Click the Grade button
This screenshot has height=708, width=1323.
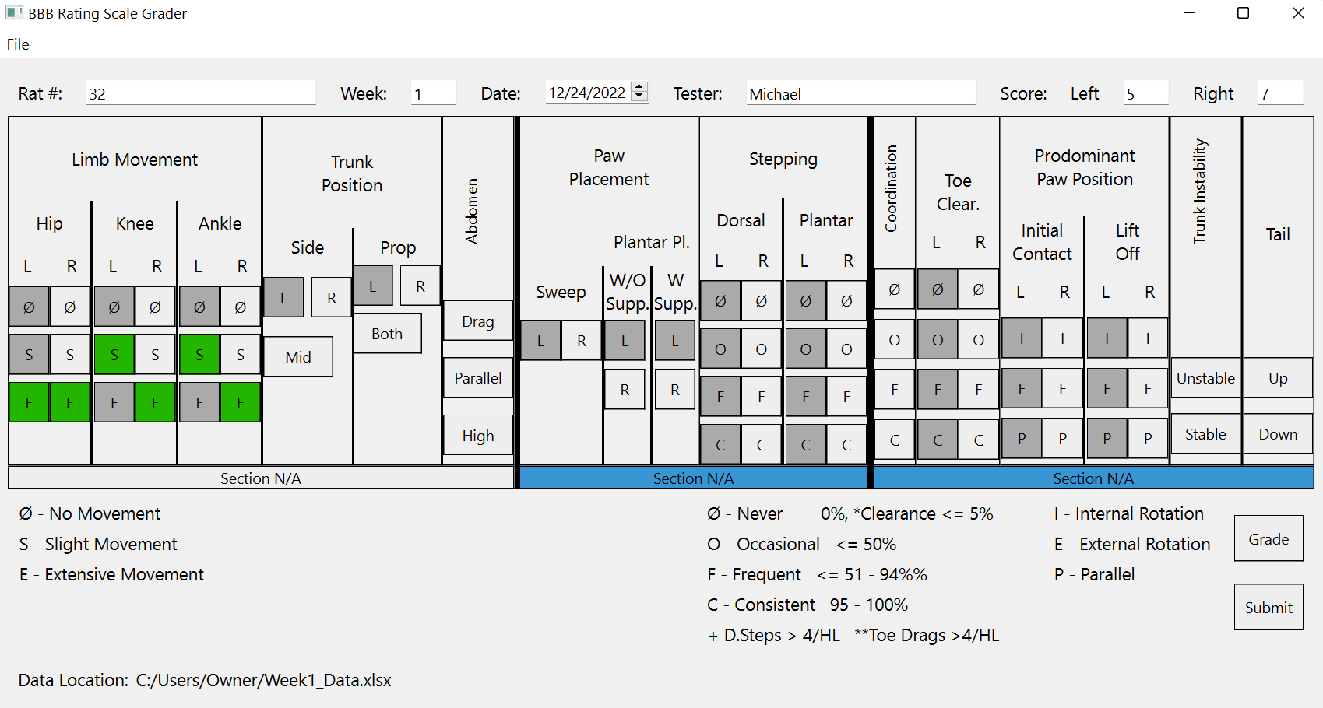[x=1268, y=538]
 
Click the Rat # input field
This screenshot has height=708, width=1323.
[x=201, y=93]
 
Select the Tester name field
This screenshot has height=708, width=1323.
[x=860, y=93]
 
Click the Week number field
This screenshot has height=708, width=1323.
[x=433, y=93]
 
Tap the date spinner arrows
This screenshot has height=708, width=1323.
[x=639, y=92]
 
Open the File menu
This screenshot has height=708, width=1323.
[x=18, y=44]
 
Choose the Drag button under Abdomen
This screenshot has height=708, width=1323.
[x=477, y=321]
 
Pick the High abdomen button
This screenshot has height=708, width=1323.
[x=477, y=436]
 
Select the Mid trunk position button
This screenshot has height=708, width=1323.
[x=298, y=357]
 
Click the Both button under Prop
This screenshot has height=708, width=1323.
[x=387, y=334]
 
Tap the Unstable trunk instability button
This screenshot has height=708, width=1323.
[x=1205, y=378]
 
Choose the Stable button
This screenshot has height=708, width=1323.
[x=1205, y=434]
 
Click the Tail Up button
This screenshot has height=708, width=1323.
[x=1278, y=378]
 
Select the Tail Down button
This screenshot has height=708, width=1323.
[x=1278, y=434]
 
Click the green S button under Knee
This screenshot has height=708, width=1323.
[x=114, y=355]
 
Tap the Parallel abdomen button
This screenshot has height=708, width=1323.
[x=477, y=378]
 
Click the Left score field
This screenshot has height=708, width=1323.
[x=1145, y=93]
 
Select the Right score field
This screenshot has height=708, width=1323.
[x=1280, y=93]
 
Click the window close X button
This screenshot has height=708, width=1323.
[x=1298, y=13]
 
